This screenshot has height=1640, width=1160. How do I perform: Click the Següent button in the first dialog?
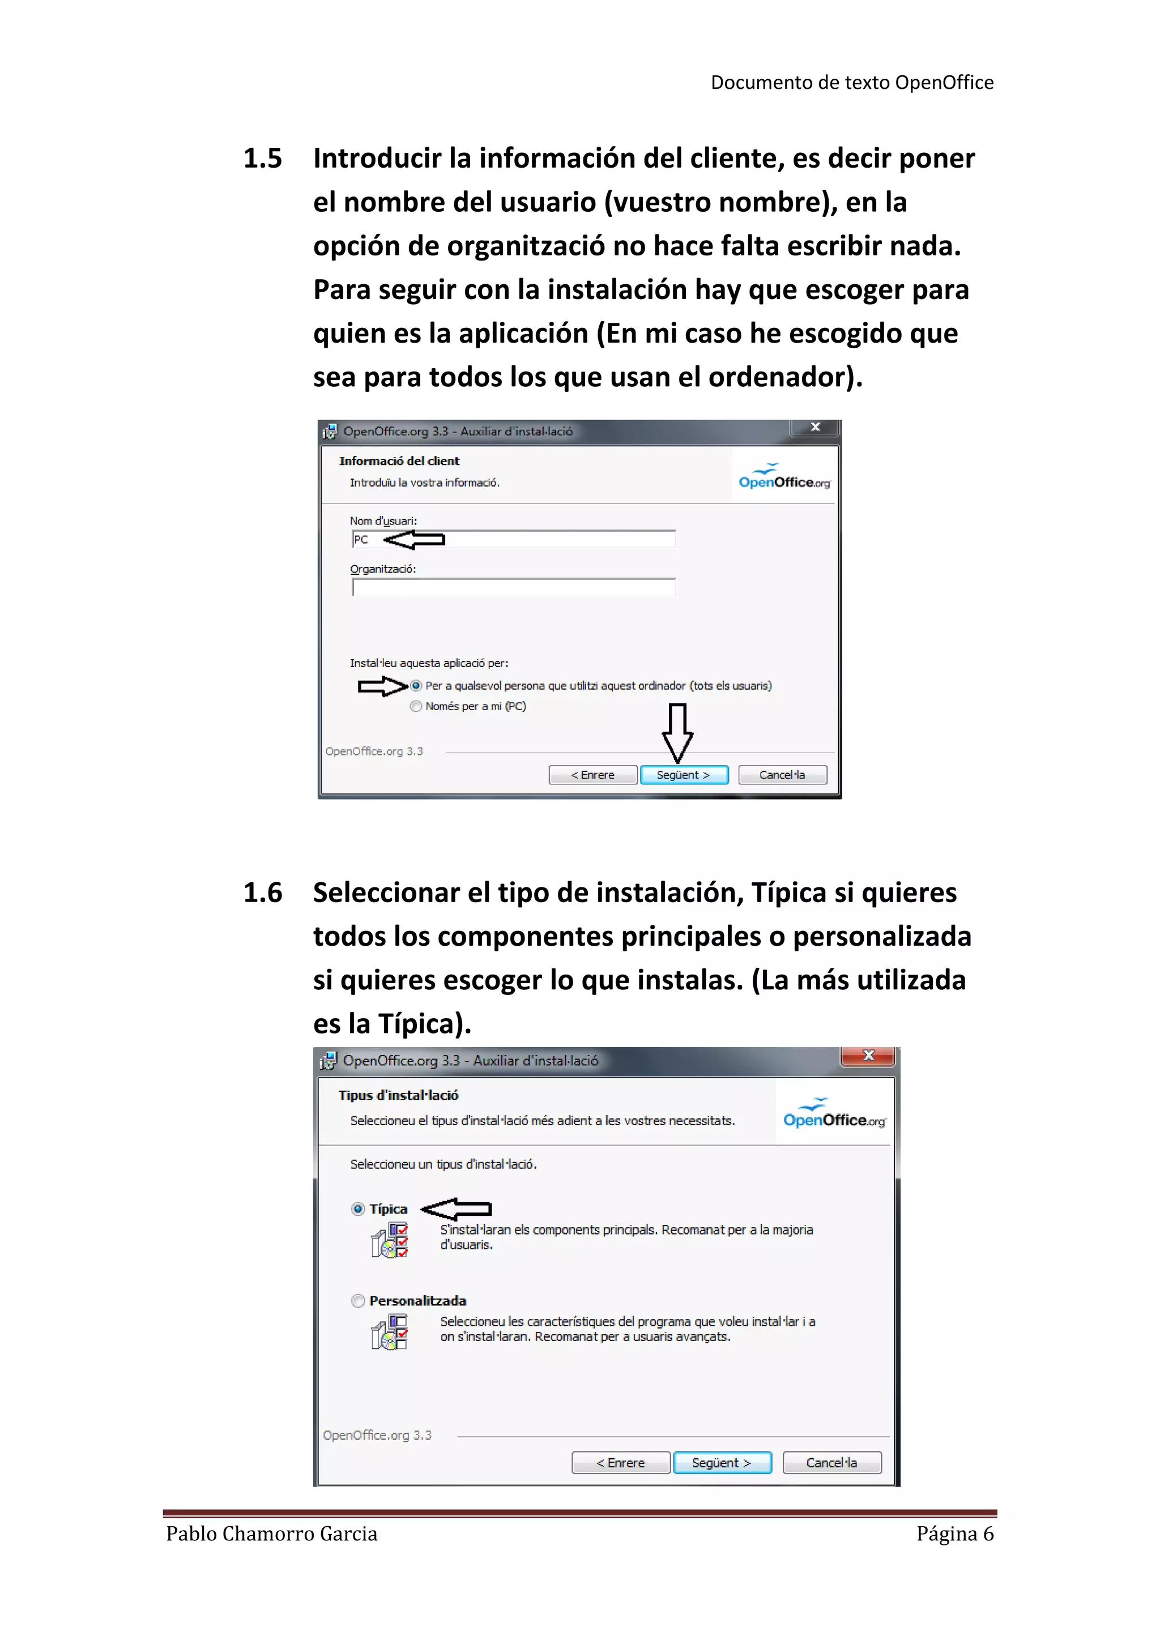(x=684, y=775)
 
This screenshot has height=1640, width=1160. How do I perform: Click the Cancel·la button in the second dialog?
(x=831, y=1462)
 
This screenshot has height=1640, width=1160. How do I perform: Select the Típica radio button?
(x=359, y=1208)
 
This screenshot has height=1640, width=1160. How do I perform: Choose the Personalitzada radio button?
(x=359, y=1301)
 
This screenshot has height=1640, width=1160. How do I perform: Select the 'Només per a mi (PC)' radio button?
(x=416, y=706)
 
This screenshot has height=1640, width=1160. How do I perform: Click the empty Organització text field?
(x=513, y=587)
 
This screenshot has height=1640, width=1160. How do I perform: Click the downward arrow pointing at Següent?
(x=677, y=732)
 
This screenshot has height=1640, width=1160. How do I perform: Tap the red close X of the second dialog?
(x=868, y=1056)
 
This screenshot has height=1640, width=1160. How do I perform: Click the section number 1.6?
(x=262, y=893)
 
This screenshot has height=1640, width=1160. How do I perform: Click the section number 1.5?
(x=262, y=158)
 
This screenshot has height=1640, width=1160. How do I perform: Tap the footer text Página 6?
(x=954, y=1534)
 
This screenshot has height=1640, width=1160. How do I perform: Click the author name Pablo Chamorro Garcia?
(x=271, y=1534)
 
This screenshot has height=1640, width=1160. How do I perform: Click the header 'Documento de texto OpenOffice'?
(x=851, y=83)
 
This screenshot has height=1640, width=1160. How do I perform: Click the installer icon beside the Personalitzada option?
(x=389, y=1332)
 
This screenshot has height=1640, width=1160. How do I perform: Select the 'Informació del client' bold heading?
(x=399, y=461)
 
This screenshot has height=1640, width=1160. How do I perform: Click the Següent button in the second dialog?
(x=722, y=1462)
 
